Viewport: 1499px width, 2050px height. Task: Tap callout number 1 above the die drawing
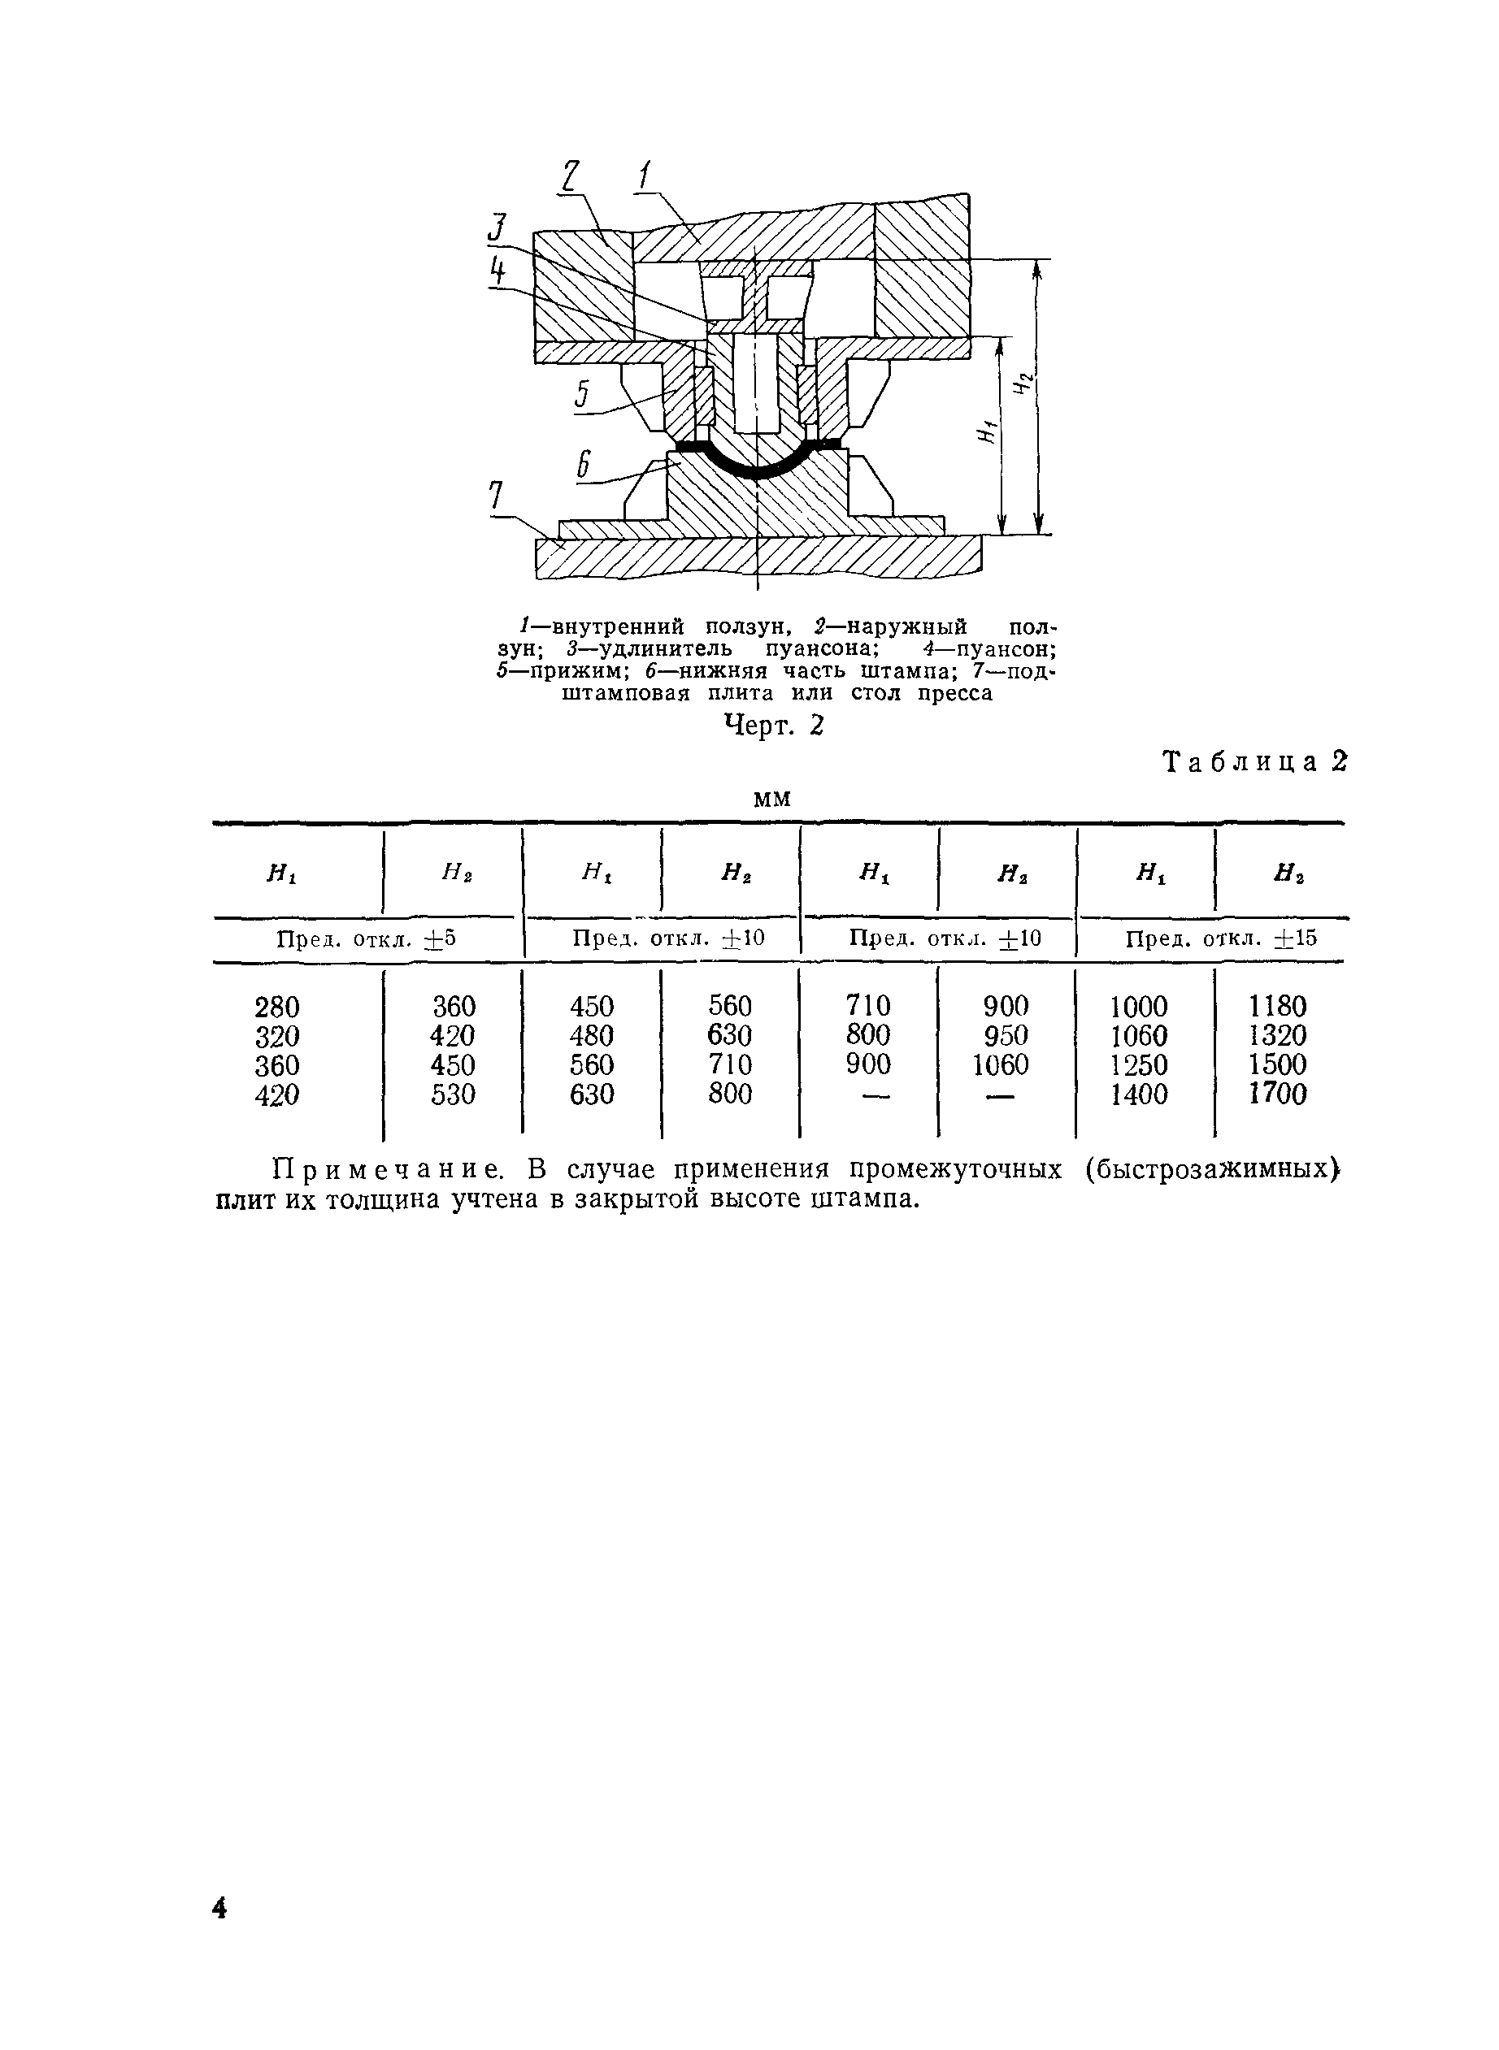click(645, 174)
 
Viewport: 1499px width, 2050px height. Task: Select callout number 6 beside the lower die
click(584, 466)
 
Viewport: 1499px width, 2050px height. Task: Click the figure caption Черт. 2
click(773, 725)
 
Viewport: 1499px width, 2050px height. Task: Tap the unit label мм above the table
click(772, 800)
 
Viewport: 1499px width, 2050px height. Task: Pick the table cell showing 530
click(454, 1094)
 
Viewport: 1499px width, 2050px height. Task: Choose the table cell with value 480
click(592, 1036)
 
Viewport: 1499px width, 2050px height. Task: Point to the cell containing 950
click(1006, 1035)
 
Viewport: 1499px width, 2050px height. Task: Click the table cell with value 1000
click(1140, 1007)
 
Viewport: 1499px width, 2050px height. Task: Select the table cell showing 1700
click(1278, 1094)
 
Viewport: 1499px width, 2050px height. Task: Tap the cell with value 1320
click(1278, 1036)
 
